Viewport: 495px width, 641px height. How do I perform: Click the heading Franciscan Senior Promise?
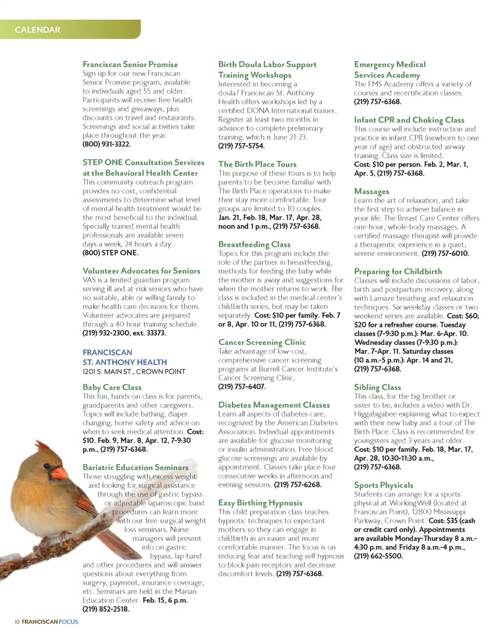[130, 64]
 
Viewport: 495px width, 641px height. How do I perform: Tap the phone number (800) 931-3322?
[107, 144]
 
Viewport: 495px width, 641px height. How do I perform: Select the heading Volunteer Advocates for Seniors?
[141, 271]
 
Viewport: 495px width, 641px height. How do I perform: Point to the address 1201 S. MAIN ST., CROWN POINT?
[134, 372]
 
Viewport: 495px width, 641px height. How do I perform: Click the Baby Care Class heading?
[112, 387]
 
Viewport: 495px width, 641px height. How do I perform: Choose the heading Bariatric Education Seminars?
[136, 467]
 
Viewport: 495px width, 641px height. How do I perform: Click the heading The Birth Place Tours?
[257, 164]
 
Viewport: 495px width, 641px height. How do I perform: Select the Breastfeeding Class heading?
[254, 245]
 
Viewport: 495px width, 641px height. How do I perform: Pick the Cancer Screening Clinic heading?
[262, 342]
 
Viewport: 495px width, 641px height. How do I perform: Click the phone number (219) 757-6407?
[242, 387]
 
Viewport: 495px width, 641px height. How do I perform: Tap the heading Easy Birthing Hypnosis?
[260, 503]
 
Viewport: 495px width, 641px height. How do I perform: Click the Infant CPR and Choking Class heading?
[409, 120]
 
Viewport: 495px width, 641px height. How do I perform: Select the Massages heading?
[371, 192]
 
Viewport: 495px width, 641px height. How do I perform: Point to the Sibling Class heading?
[377, 387]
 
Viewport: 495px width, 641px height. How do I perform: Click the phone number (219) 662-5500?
[378, 556]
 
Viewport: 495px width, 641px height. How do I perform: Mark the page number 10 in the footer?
[17, 622]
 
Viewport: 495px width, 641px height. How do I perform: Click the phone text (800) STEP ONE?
[110, 253]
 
